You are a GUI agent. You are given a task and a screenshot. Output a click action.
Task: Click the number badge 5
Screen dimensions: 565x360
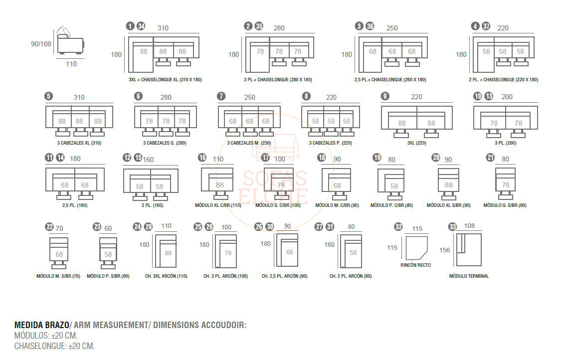(x=49, y=96)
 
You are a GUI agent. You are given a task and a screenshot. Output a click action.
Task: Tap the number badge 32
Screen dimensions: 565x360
(x=398, y=227)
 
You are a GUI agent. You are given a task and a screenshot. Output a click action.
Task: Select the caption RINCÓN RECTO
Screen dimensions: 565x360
(x=415, y=265)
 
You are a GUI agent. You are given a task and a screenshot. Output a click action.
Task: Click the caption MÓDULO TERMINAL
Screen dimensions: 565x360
(x=469, y=276)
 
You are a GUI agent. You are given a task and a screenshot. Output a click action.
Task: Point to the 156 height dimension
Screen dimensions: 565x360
(x=445, y=250)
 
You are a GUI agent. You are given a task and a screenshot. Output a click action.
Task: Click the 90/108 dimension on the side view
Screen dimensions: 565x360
(x=41, y=44)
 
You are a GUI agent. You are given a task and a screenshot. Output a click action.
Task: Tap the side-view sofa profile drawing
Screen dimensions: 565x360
(x=70, y=41)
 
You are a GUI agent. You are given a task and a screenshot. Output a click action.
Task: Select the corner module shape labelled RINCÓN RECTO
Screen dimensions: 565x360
(x=416, y=248)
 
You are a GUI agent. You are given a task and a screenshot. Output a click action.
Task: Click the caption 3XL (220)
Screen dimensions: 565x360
(x=416, y=143)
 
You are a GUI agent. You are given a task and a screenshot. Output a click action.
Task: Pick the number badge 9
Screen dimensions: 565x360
(x=385, y=96)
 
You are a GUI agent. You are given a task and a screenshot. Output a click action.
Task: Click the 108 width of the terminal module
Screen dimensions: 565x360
(x=469, y=225)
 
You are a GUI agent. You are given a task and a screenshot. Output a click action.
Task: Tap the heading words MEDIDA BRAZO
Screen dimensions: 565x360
(x=41, y=325)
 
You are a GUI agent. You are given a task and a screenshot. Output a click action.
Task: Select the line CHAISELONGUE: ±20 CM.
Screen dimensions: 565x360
(x=54, y=346)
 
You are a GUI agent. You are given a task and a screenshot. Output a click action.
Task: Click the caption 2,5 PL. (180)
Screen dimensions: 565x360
(x=75, y=205)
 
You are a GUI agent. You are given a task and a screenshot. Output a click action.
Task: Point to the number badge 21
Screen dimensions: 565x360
(x=490, y=158)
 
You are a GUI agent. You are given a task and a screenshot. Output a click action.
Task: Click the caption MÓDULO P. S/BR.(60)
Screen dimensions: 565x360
(x=108, y=276)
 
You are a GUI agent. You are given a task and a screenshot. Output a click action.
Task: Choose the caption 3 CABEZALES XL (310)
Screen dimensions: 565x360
(x=79, y=143)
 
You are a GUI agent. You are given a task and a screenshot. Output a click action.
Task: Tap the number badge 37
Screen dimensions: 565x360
(x=486, y=26)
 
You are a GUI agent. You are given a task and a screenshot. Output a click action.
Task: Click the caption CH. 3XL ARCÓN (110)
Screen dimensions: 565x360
(x=166, y=276)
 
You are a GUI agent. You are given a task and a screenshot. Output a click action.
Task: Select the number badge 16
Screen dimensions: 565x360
(x=202, y=158)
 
